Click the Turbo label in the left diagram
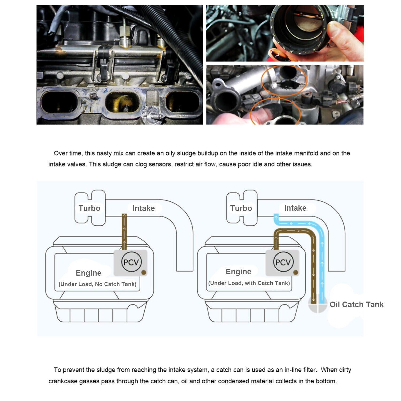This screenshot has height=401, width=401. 89,208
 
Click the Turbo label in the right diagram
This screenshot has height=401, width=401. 241,208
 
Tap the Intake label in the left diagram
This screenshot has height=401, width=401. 144,208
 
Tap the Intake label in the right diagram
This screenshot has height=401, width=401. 295,208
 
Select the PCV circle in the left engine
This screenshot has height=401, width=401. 131,262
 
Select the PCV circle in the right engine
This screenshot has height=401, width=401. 283,262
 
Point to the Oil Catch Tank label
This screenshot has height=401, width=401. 356,304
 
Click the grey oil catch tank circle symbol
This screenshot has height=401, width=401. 318,305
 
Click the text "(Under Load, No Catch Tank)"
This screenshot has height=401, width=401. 97,284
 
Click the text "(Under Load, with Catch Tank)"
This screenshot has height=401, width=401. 249,283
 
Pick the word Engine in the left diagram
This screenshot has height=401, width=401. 88,273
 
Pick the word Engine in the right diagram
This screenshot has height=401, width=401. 238,272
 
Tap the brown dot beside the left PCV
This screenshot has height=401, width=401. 144,272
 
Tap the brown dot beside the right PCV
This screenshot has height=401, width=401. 295,272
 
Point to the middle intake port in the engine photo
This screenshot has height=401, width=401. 122,103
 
